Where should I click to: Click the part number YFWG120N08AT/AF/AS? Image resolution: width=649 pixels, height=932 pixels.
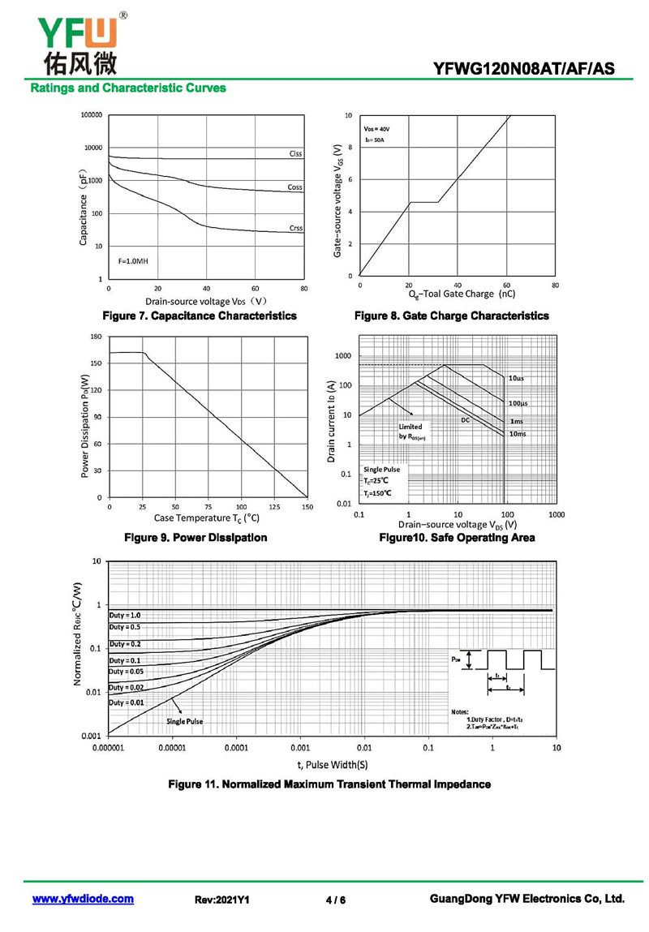point(524,70)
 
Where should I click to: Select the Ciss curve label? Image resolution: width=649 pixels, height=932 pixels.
point(295,153)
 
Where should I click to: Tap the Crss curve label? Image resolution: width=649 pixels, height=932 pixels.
point(296,228)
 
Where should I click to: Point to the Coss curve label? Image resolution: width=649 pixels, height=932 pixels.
point(295,187)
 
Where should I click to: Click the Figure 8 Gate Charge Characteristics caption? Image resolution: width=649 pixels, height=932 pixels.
point(451,316)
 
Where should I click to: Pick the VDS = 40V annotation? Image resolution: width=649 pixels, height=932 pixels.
point(376,129)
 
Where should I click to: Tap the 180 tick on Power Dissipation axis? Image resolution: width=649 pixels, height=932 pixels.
point(95,336)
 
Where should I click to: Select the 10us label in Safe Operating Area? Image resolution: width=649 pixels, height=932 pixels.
point(517,379)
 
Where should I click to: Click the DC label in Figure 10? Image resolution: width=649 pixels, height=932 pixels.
point(466,420)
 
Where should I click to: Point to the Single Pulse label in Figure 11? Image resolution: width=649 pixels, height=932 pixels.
point(185,721)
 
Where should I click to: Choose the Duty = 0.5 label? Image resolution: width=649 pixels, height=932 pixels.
point(125,627)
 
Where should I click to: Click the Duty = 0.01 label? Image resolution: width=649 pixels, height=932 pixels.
point(127,702)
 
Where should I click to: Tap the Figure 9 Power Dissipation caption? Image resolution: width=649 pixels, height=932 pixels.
point(195,538)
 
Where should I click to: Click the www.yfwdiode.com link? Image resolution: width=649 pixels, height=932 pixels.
point(83,899)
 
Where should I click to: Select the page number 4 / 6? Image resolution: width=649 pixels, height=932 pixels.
point(335,900)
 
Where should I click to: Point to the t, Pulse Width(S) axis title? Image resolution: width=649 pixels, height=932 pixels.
point(332,764)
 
